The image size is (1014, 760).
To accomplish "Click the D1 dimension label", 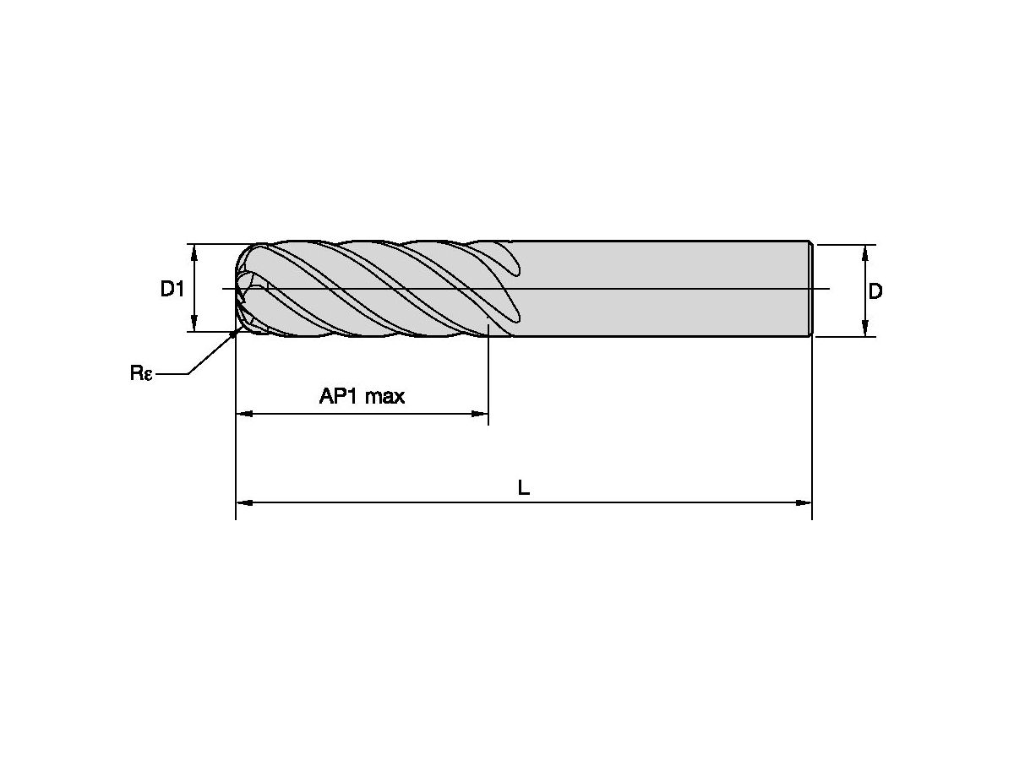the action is [x=172, y=290].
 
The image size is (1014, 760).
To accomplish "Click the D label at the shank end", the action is [x=875, y=291].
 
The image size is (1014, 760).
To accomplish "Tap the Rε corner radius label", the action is [x=141, y=373].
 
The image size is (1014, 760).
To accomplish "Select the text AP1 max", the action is [x=362, y=396].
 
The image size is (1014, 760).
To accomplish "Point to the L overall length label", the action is [x=523, y=487].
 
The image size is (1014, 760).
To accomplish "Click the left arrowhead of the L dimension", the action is [x=244, y=502].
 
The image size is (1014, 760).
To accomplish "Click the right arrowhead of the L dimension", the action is [x=804, y=502].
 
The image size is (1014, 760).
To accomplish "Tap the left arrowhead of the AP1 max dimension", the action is [x=244, y=414].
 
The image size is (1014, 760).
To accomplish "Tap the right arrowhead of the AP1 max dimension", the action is [x=480, y=414].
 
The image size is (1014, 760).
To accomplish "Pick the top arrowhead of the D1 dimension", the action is [x=194, y=252].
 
